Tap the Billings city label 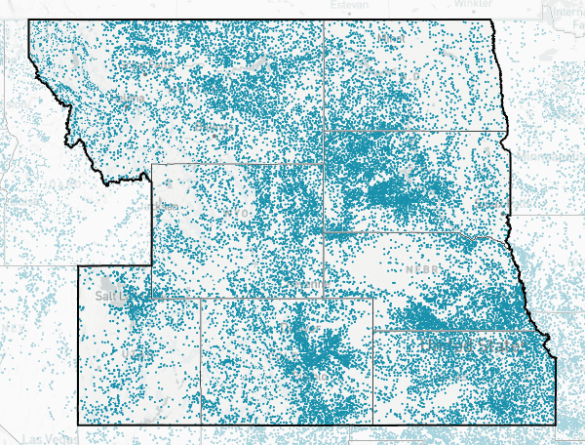click(210, 128)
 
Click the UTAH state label click(132, 351)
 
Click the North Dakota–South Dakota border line click(414, 131)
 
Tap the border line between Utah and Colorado click(201, 361)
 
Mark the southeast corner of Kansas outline click(556, 425)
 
